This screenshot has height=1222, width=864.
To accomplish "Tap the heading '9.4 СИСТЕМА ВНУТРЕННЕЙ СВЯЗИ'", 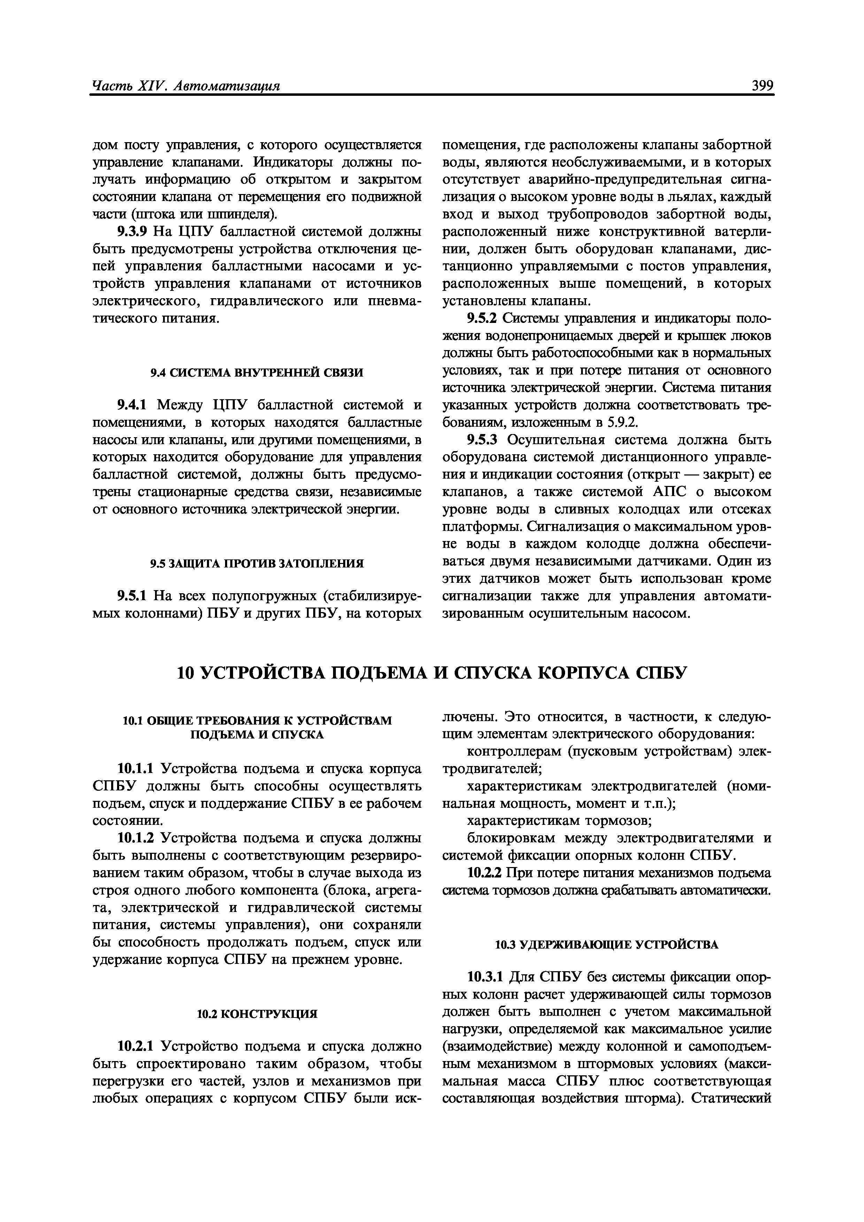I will coord(257,373).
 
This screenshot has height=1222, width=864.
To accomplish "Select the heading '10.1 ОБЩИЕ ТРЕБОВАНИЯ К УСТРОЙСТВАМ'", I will coord(257,721).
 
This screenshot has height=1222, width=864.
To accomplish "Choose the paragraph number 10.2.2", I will coord(486,873).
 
